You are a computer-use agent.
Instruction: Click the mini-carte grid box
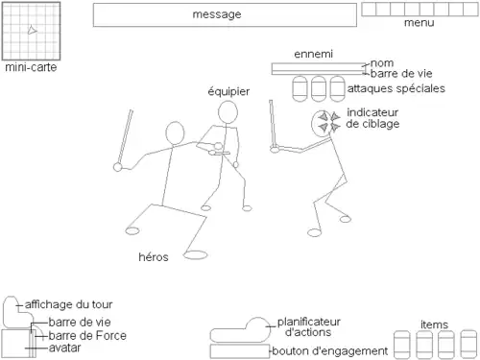(x=31, y=31)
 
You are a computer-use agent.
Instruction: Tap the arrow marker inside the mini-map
(x=32, y=30)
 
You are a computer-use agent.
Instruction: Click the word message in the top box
(x=217, y=14)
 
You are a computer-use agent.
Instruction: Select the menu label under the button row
(x=419, y=23)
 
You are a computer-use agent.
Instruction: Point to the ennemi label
(x=313, y=54)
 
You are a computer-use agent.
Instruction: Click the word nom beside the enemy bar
(x=382, y=63)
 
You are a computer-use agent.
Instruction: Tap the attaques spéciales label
(x=396, y=88)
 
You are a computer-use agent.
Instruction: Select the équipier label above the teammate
(x=228, y=91)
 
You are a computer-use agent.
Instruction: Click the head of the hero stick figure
(x=175, y=133)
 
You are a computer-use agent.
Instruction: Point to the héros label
(x=154, y=257)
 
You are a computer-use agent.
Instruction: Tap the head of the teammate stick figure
(x=228, y=112)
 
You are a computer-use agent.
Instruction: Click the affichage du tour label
(x=68, y=304)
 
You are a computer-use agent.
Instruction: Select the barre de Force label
(x=87, y=336)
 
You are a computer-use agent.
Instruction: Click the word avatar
(x=64, y=348)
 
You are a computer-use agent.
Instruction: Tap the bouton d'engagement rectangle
(x=240, y=351)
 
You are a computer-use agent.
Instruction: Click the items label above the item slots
(x=434, y=324)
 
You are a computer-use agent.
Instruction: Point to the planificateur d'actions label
(x=308, y=326)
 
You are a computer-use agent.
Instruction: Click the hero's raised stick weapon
(x=125, y=137)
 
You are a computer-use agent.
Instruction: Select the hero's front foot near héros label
(x=196, y=254)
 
